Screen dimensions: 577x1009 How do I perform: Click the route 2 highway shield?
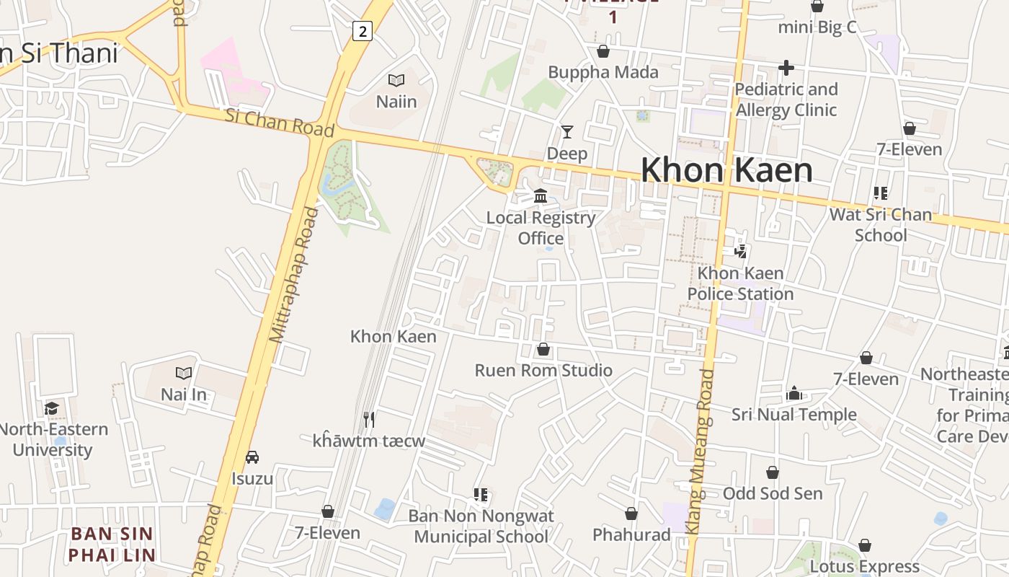click(x=362, y=31)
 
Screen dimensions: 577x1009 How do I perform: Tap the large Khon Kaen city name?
click(x=726, y=170)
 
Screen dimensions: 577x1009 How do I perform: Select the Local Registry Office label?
click(x=541, y=228)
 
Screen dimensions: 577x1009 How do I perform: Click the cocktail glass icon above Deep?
click(x=567, y=132)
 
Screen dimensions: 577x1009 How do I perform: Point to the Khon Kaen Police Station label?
click(x=740, y=283)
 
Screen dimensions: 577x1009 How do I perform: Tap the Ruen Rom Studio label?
click(x=543, y=371)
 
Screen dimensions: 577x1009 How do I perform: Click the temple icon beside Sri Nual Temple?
click(x=794, y=393)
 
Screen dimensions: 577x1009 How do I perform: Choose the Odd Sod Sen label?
click(x=773, y=493)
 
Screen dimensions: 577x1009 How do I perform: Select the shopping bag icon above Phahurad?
click(x=631, y=514)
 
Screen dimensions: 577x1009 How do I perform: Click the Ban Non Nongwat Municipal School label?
click(x=481, y=527)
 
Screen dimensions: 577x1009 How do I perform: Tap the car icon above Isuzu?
click(x=252, y=457)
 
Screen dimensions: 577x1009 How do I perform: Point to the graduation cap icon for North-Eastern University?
click(x=52, y=409)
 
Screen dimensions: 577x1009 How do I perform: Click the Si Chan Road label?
click(x=280, y=123)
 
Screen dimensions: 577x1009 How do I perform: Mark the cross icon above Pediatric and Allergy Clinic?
click(x=786, y=69)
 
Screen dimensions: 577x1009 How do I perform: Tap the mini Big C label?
click(x=817, y=27)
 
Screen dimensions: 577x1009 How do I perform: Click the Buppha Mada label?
click(x=603, y=72)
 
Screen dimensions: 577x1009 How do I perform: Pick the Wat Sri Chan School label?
click(x=880, y=224)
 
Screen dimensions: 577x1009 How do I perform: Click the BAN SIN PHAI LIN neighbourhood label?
click(x=112, y=545)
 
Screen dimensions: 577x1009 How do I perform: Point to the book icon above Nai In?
click(x=184, y=373)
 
